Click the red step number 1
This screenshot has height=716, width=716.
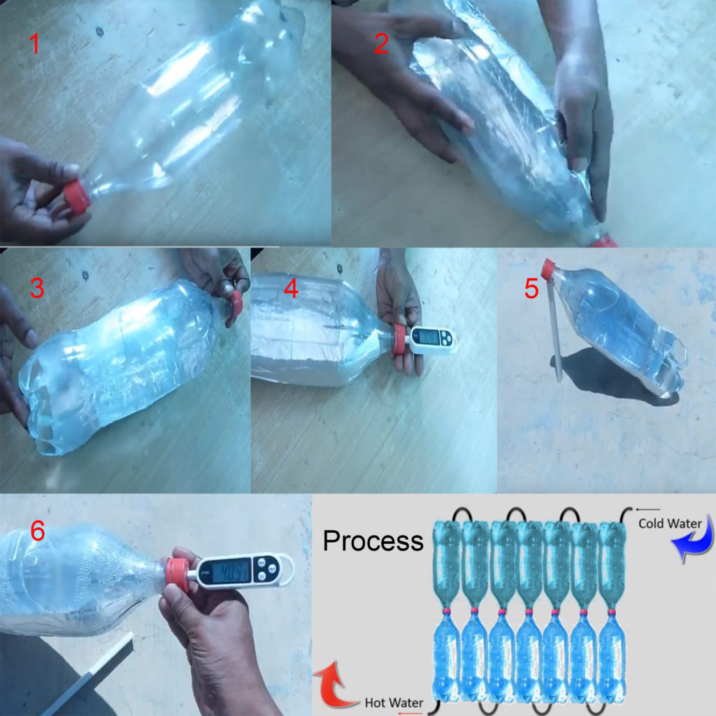pyautogui.click(x=34, y=45)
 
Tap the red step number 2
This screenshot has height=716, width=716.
pyautogui.click(x=381, y=43)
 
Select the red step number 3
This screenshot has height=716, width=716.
pyautogui.click(x=36, y=288)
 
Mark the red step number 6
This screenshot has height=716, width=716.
pyautogui.click(x=37, y=531)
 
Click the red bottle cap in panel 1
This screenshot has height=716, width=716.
pyautogui.click(x=77, y=196)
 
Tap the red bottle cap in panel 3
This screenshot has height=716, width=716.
pyautogui.click(x=237, y=303)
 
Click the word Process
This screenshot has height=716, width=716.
pyautogui.click(x=373, y=540)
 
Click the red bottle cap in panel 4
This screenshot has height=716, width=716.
pyautogui.click(x=399, y=340)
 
